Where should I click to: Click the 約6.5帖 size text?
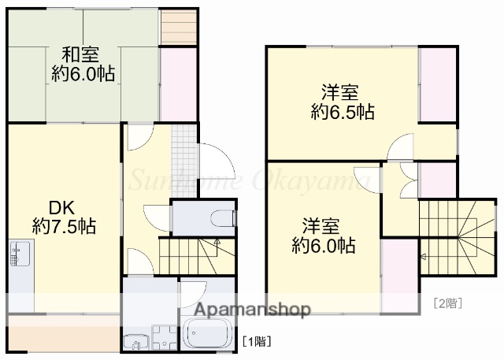[342, 111]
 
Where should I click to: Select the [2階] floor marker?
[447, 302]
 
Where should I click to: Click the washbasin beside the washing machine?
[135, 342]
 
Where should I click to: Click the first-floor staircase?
[190, 255]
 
